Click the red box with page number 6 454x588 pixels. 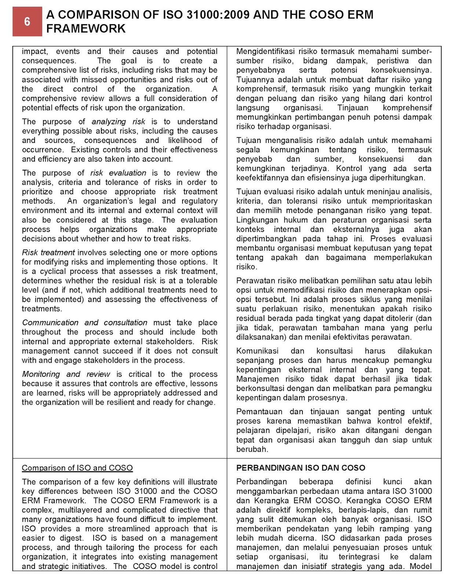tap(27, 22)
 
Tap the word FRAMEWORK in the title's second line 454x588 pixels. tap(86, 29)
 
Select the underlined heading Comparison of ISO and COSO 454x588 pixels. tap(77, 468)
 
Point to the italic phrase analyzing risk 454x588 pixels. tap(118, 122)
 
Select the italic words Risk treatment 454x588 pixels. tap(48, 252)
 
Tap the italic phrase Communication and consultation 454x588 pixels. tap(84, 323)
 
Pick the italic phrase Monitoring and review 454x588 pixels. tap(66, 374)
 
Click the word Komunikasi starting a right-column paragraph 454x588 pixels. tap(257, 351)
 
